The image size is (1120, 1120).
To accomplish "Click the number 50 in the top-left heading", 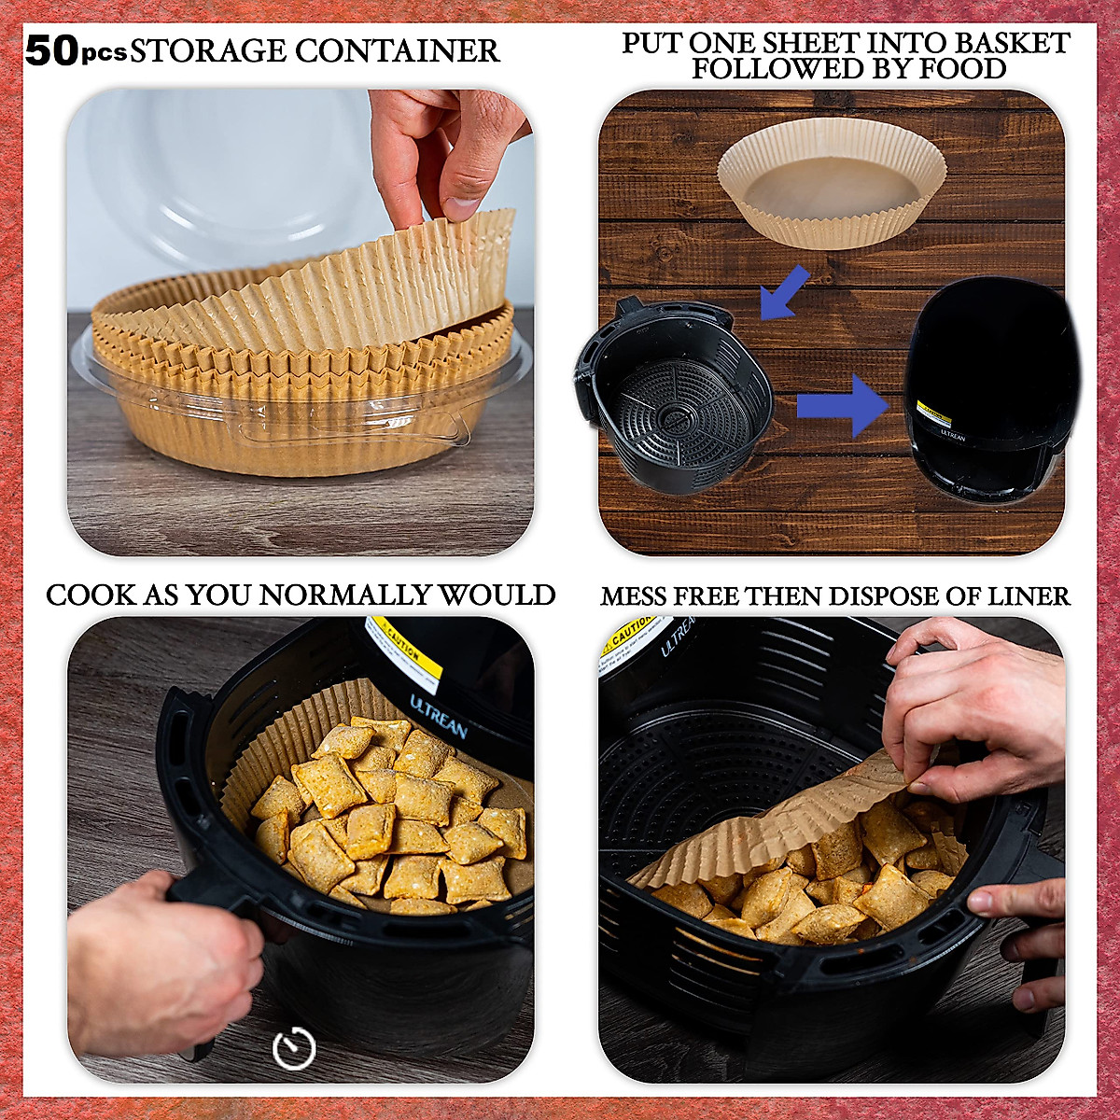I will tap(51, 50).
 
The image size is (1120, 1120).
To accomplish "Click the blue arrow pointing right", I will tap(841, 405).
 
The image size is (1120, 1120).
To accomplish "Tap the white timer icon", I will tap(293, 1048).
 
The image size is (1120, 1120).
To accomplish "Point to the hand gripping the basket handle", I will tap(159, 961).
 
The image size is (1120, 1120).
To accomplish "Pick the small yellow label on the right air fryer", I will tap(933, 413).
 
